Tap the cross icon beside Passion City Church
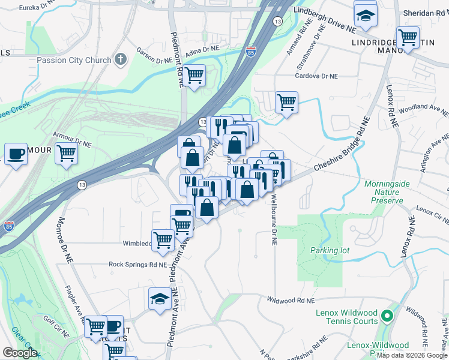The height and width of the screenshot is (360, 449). tap(121, 59)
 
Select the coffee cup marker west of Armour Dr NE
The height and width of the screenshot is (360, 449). tap(16, 154)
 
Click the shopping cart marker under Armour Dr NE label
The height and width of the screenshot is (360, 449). tap(66, 153)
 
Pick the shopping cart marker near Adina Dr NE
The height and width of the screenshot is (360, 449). tap(194, 76)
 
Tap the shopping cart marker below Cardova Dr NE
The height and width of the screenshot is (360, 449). tap(286, 101)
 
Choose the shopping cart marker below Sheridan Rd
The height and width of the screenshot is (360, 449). tap(408, 38)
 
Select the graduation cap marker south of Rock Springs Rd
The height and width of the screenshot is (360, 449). tap(159, 298)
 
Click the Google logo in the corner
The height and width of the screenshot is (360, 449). tap(20, 353)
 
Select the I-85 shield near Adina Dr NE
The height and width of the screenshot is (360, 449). tap(250, 52)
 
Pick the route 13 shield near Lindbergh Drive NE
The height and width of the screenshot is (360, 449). tap(277, 21)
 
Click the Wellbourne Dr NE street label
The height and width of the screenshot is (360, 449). tap(274, 219)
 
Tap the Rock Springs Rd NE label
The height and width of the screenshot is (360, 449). tap(137, 264)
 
